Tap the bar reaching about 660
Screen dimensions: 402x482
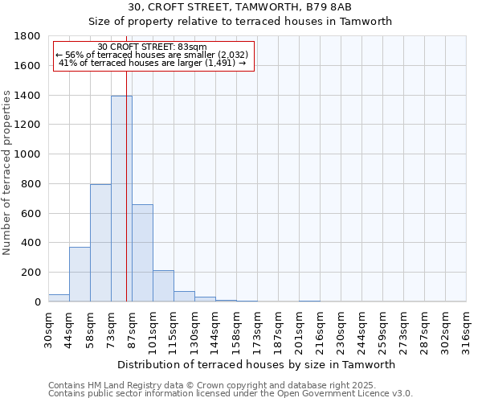(142, 253)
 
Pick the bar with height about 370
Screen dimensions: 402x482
(80, 274)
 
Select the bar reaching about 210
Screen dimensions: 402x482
(163, 286)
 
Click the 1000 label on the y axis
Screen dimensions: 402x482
(28, 154)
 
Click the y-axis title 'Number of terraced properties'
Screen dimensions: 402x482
(8, 173)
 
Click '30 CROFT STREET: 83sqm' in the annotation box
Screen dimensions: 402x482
(152, 47)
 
